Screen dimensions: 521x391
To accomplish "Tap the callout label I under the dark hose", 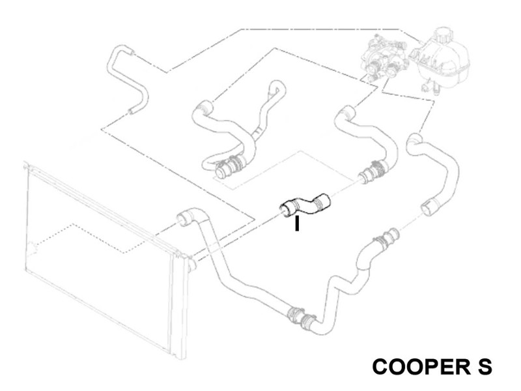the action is click(297, 224).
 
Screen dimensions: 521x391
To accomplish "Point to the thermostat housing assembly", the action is click(386, 59).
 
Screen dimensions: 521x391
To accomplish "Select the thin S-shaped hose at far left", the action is click(128, 80).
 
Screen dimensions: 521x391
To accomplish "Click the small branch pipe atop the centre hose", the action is click(274, 91).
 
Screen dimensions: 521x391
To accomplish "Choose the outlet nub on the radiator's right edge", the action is click(191, 264).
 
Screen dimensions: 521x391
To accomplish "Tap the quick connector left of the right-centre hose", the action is click(372, 172).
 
